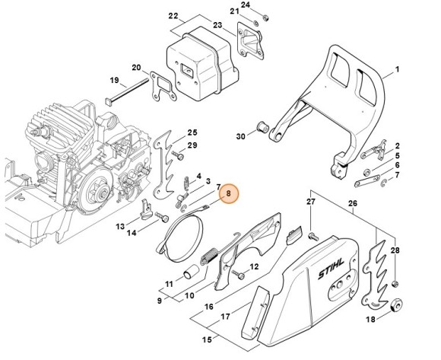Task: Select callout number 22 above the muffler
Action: [x=173, y=16]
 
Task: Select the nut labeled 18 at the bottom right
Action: [x=395, y=307]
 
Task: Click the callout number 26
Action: [x=352, y=203]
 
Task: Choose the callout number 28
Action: [x=395, y=250]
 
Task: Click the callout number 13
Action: [x=120, y=226]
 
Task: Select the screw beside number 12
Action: [x=239, y=269]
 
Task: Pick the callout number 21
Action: [x=234, y=12]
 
